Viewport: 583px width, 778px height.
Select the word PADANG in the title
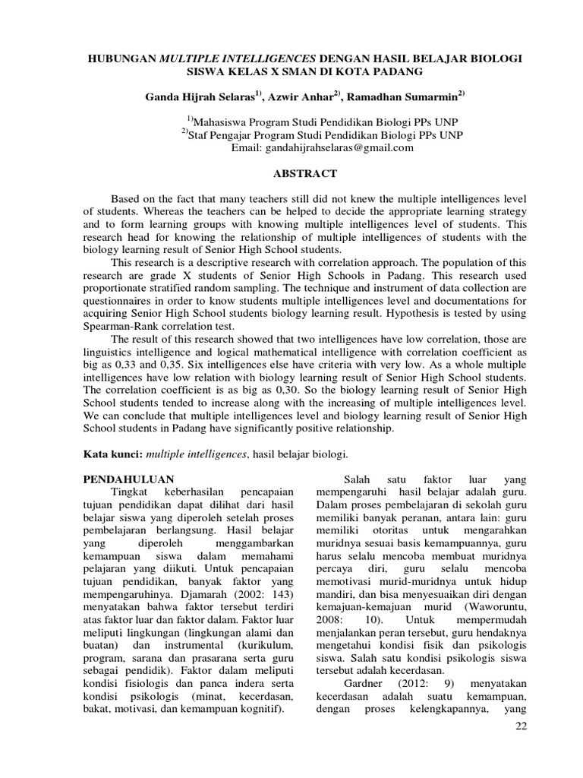point(395,71)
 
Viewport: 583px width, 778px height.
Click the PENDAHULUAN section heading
point(128,480)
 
